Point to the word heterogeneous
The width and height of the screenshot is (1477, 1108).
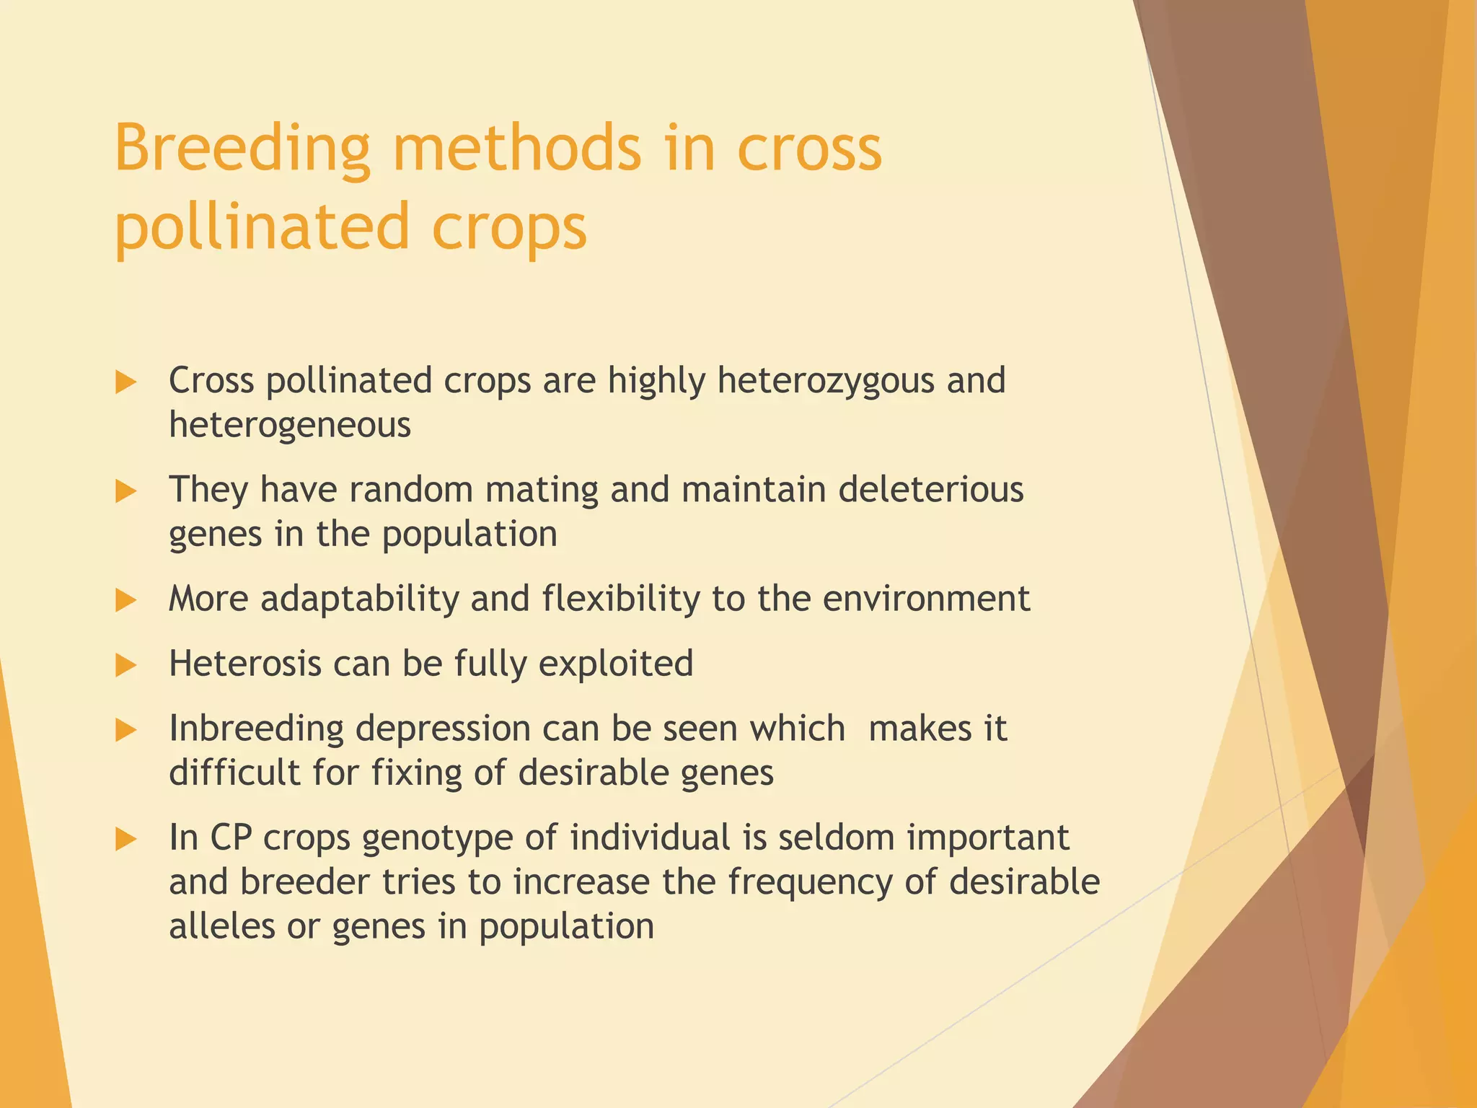(x=289, y=426)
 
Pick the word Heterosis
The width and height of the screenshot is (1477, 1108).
(x=244, y=664)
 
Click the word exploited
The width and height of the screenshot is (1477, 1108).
(x=615, y=664)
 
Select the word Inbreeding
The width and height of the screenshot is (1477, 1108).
(x=256, y=729)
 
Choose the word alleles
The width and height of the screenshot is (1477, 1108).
(x=221, y=926)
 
